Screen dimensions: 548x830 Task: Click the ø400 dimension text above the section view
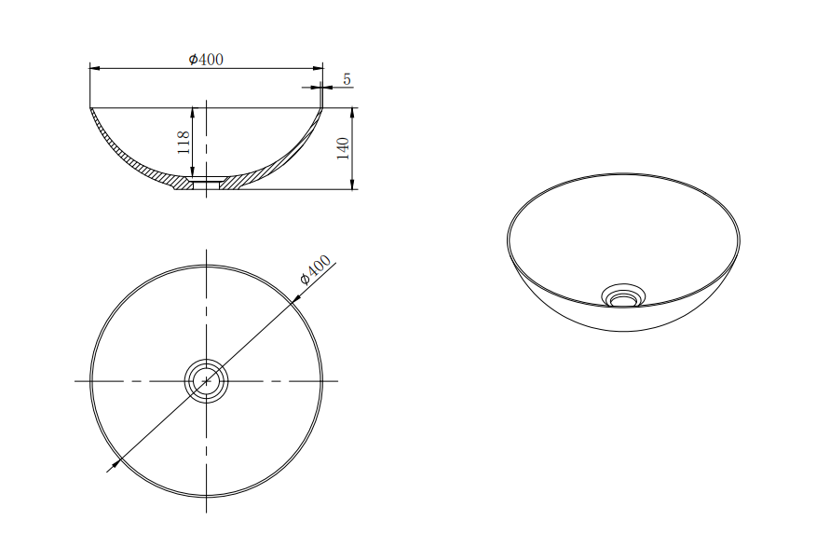(x=206, y=60)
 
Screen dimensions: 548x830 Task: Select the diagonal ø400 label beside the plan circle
(x=316, y=271)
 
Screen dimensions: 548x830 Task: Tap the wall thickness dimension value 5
(x=347, y=79)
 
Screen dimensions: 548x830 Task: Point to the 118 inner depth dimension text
(x=184, y=142)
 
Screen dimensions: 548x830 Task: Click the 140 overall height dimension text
(x=343, y=148)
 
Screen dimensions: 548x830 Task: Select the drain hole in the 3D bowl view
(x=621, y=297)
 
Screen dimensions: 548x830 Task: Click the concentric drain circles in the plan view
(x=206, y=380)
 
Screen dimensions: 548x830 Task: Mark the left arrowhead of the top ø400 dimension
(x=94, y=68)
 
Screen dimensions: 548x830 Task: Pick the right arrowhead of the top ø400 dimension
(x=318, y=68)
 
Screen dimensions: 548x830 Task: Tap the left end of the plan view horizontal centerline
(x=76, y=380)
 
